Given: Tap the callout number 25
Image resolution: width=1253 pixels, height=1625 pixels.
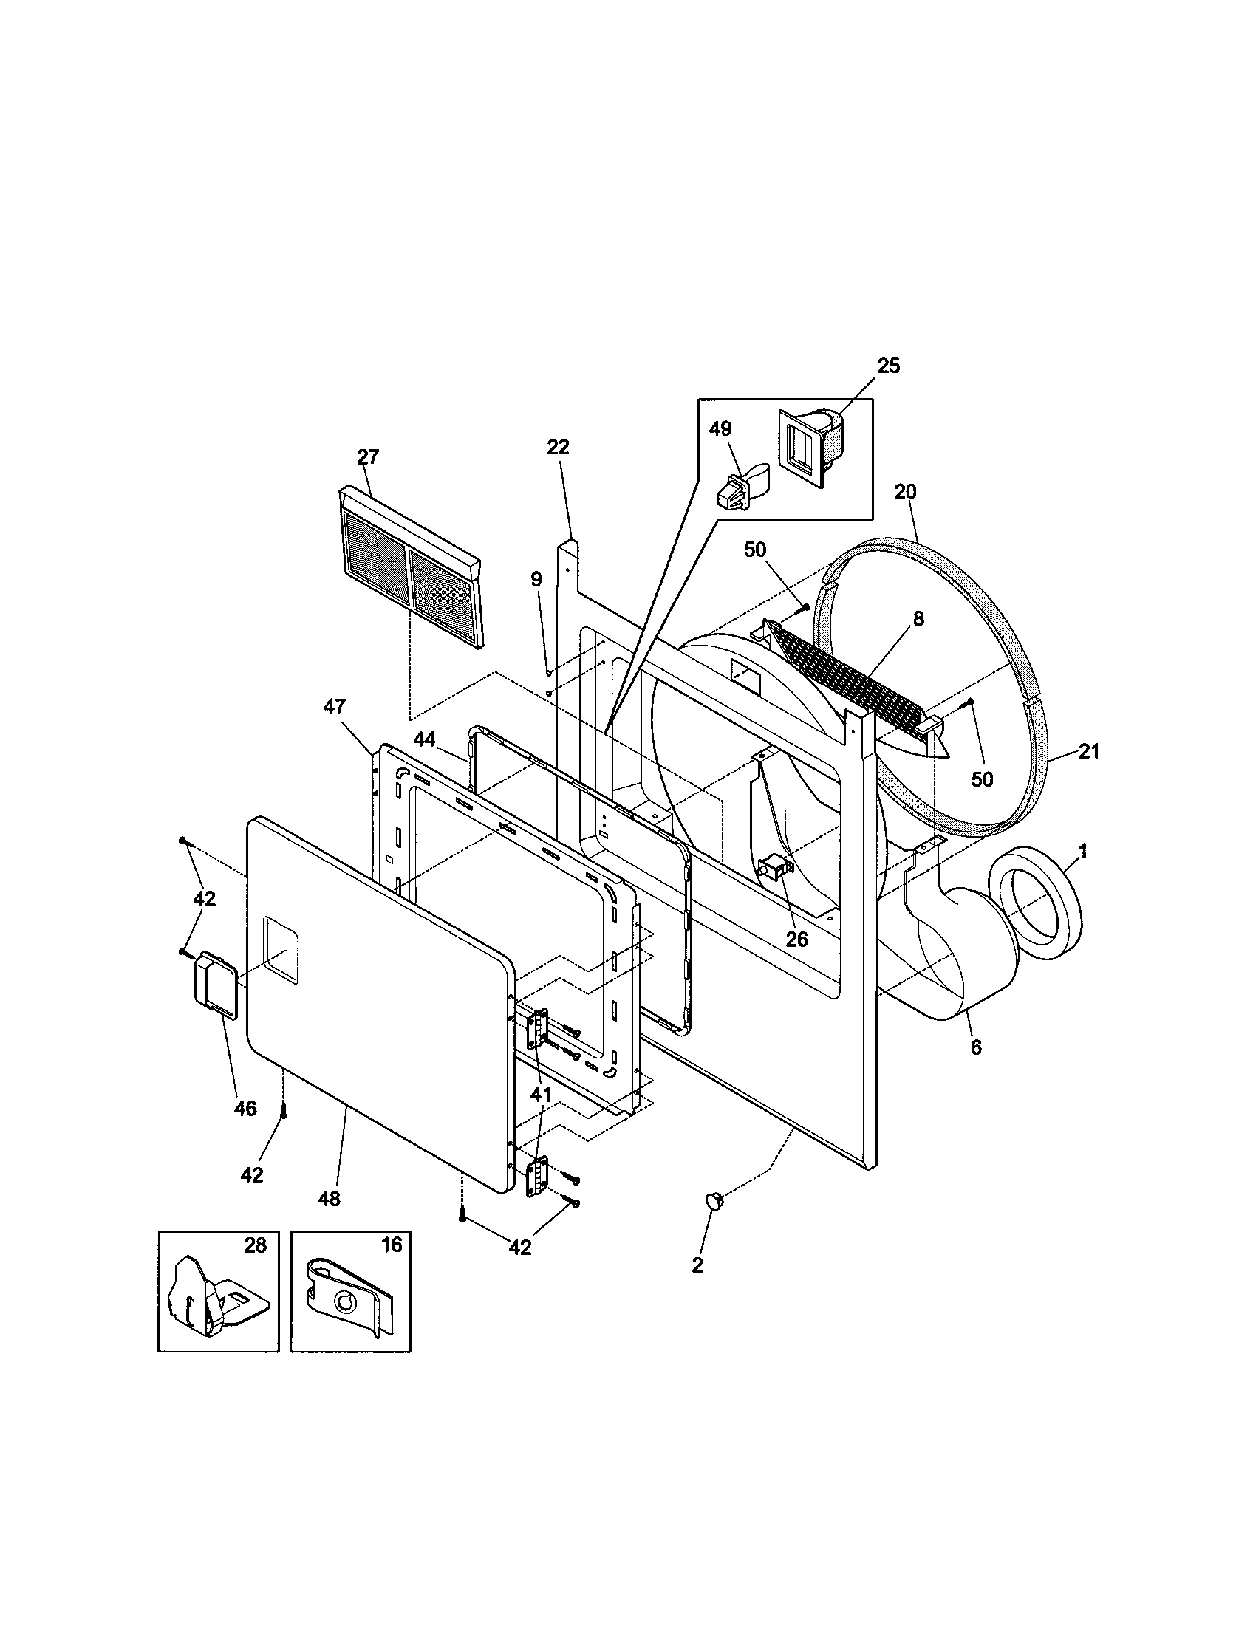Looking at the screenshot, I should tap(889, 366).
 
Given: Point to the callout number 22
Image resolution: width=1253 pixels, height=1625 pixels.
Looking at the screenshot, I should tap(557, 446).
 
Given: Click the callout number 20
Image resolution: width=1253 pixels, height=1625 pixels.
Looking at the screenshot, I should tap(906, 491).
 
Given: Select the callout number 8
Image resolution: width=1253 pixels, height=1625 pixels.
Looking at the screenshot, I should tap(918, 617).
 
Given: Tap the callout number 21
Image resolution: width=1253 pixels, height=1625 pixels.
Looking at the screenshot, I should tap(1088, 751).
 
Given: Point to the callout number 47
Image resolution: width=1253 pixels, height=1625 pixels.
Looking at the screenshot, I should tap(334, 705).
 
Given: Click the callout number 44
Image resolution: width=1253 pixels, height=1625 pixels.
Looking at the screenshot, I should tap(424, 738).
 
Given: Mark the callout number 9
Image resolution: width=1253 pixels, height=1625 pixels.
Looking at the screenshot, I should tap(536, 579).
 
